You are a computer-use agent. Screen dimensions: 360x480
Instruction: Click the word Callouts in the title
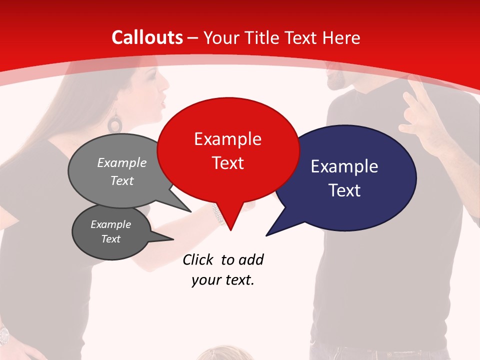point(147,37)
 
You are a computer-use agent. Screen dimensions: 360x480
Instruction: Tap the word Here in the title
point(342,37)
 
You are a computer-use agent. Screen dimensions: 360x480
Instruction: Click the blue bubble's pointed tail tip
point(267,235)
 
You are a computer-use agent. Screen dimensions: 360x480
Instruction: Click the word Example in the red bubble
point(228,139)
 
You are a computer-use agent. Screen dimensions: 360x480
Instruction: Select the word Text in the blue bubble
point(345,190)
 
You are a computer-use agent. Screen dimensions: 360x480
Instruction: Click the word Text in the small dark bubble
point(111,239)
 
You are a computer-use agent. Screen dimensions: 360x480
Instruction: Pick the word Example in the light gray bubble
point(122,163)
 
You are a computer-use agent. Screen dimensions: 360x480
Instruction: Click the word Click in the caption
point(199,259)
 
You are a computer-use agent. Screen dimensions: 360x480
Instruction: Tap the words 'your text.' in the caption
point(223,280)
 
